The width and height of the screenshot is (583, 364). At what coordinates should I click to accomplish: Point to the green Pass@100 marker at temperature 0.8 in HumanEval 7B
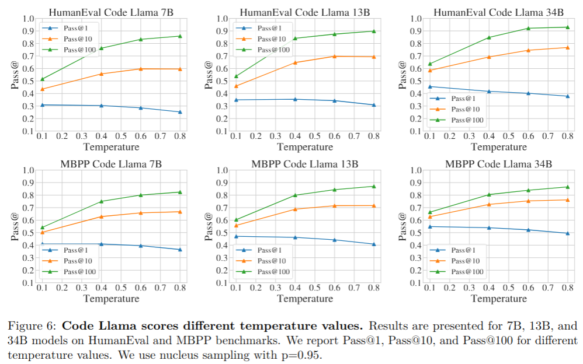[x=180, y=36]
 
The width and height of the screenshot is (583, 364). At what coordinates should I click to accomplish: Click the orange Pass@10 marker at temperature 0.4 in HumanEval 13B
[x=295, y=62]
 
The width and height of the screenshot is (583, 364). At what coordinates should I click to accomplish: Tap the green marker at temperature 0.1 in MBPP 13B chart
[x=236, y=219]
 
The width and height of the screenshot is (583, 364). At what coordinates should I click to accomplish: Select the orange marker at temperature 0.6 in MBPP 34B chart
[x=528, y=201]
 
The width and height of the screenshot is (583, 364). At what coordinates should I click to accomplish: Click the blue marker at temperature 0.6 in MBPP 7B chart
[x=140, y=245]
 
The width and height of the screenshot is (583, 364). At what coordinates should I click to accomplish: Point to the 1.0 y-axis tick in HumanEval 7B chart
[x=28, y=18]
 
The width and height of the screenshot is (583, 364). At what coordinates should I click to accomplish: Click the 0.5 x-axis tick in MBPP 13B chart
[x=314, y=288]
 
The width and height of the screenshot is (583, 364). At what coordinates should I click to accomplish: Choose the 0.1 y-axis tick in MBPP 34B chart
[x=415, y=283]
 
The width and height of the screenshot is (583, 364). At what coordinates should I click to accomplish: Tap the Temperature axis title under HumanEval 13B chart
[x=304, y=147]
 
